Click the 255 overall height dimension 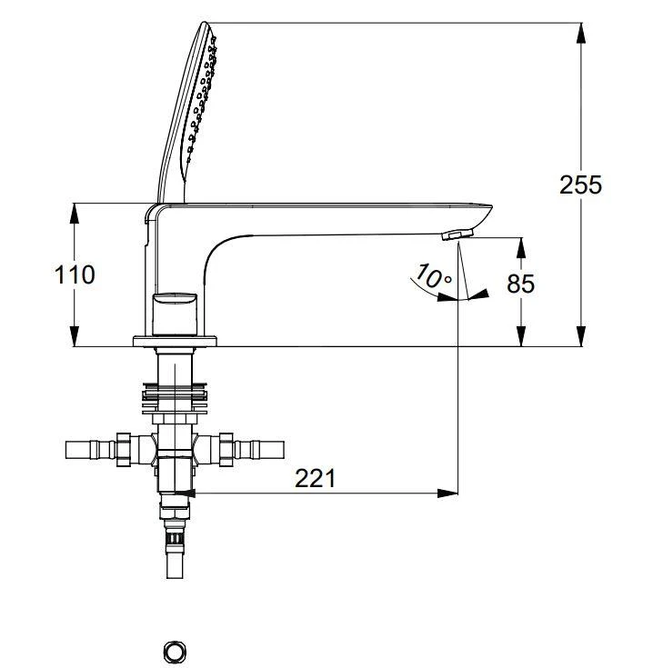580,184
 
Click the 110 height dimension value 75,274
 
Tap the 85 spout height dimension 521,284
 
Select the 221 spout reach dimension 315,477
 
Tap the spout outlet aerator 457,235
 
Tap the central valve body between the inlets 175,449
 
